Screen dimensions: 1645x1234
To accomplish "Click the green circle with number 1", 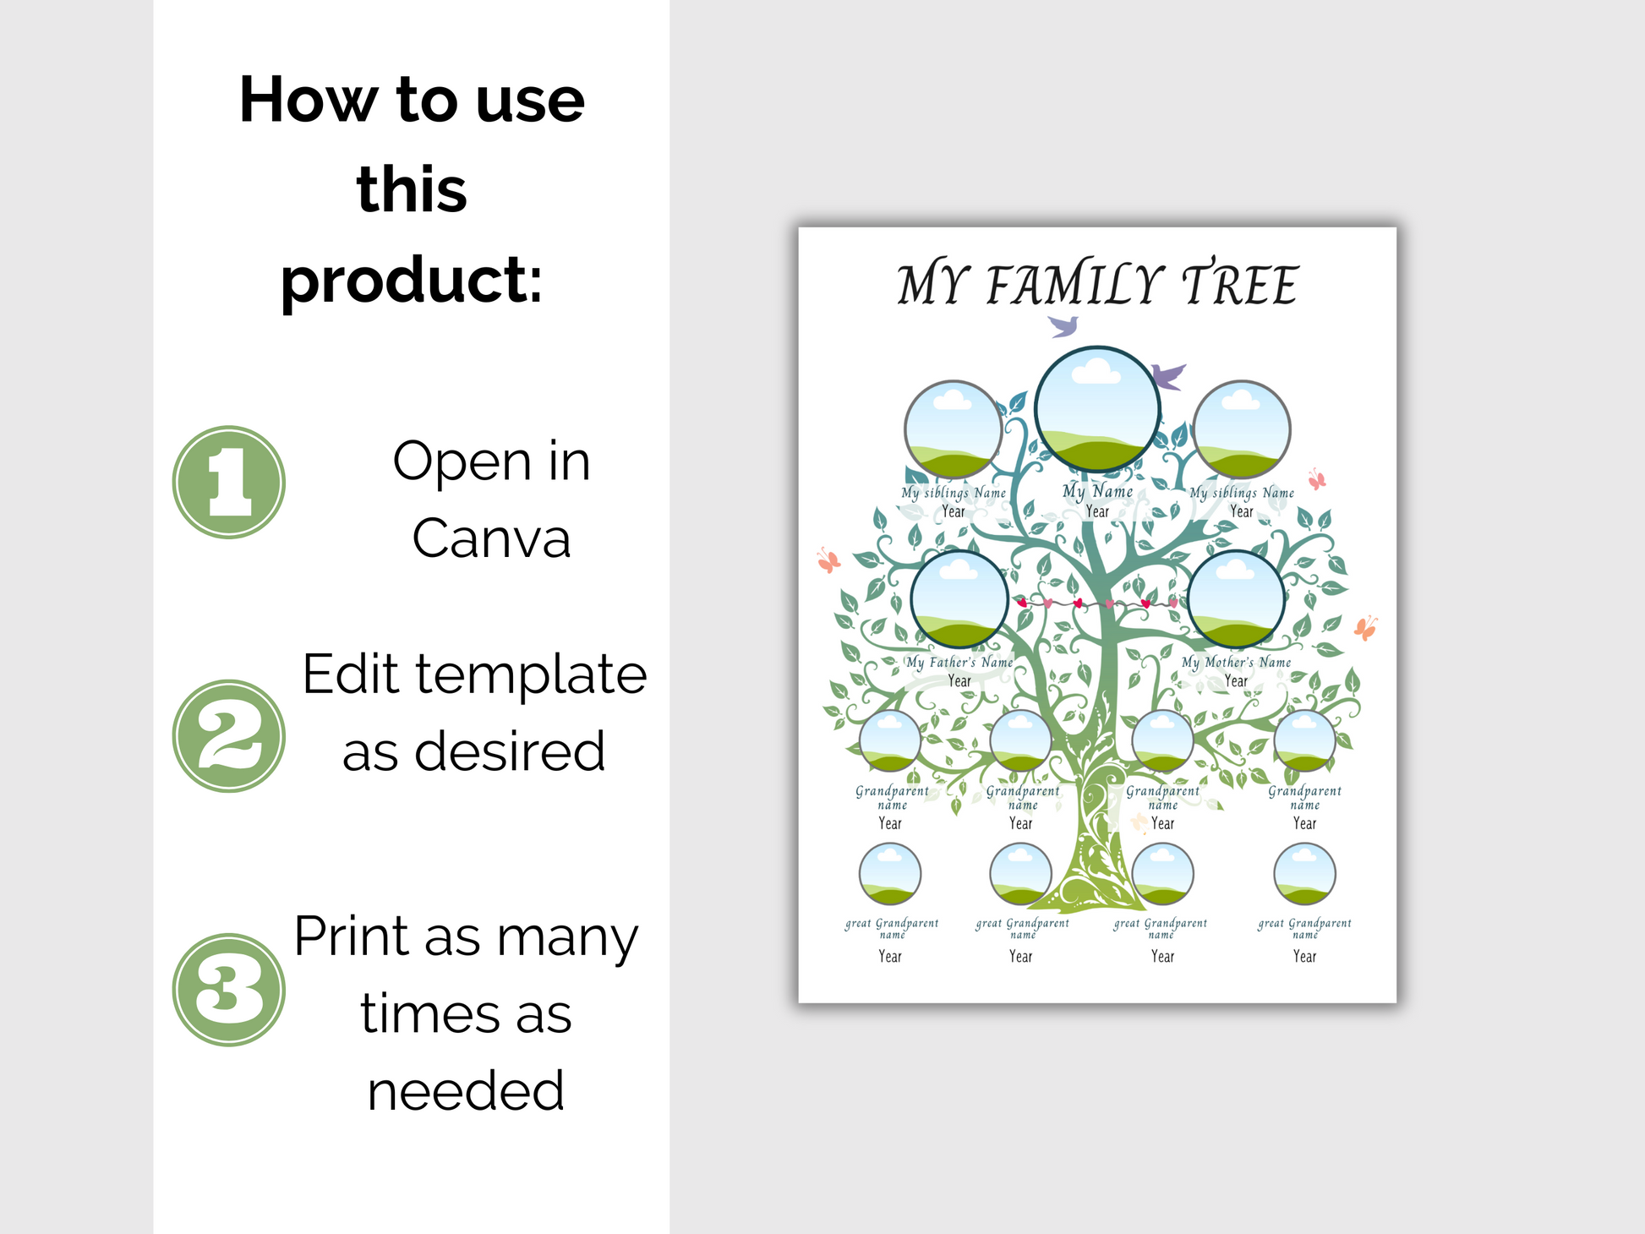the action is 229,482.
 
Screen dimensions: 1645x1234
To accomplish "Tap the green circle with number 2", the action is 229,736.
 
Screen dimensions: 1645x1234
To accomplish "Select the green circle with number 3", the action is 229,990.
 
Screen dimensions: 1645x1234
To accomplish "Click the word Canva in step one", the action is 491,538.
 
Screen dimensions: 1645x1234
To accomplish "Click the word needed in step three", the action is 466,1090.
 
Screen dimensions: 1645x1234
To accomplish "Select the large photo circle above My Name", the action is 1097,408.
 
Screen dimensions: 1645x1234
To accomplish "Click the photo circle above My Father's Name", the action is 959,599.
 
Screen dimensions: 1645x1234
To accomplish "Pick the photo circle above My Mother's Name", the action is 1236,599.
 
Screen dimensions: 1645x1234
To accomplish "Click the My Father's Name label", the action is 959,662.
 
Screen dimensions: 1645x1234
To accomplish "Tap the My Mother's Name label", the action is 1236,662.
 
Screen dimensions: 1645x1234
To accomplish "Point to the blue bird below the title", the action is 1063,325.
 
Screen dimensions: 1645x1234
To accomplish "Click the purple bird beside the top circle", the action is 1168,375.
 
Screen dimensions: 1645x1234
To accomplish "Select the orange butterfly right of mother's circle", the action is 1365,628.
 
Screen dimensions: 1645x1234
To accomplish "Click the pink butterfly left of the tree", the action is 828,560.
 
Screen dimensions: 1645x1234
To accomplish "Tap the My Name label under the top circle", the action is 1097,491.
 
